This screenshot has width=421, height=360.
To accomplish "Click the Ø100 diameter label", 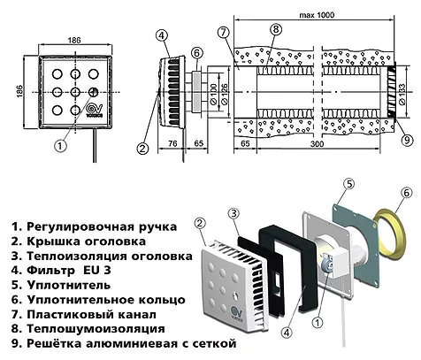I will (x=212, y=91).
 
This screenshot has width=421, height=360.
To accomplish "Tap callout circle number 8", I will (x=276, y=29).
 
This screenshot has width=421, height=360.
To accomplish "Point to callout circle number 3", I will (x=233, y=214).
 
